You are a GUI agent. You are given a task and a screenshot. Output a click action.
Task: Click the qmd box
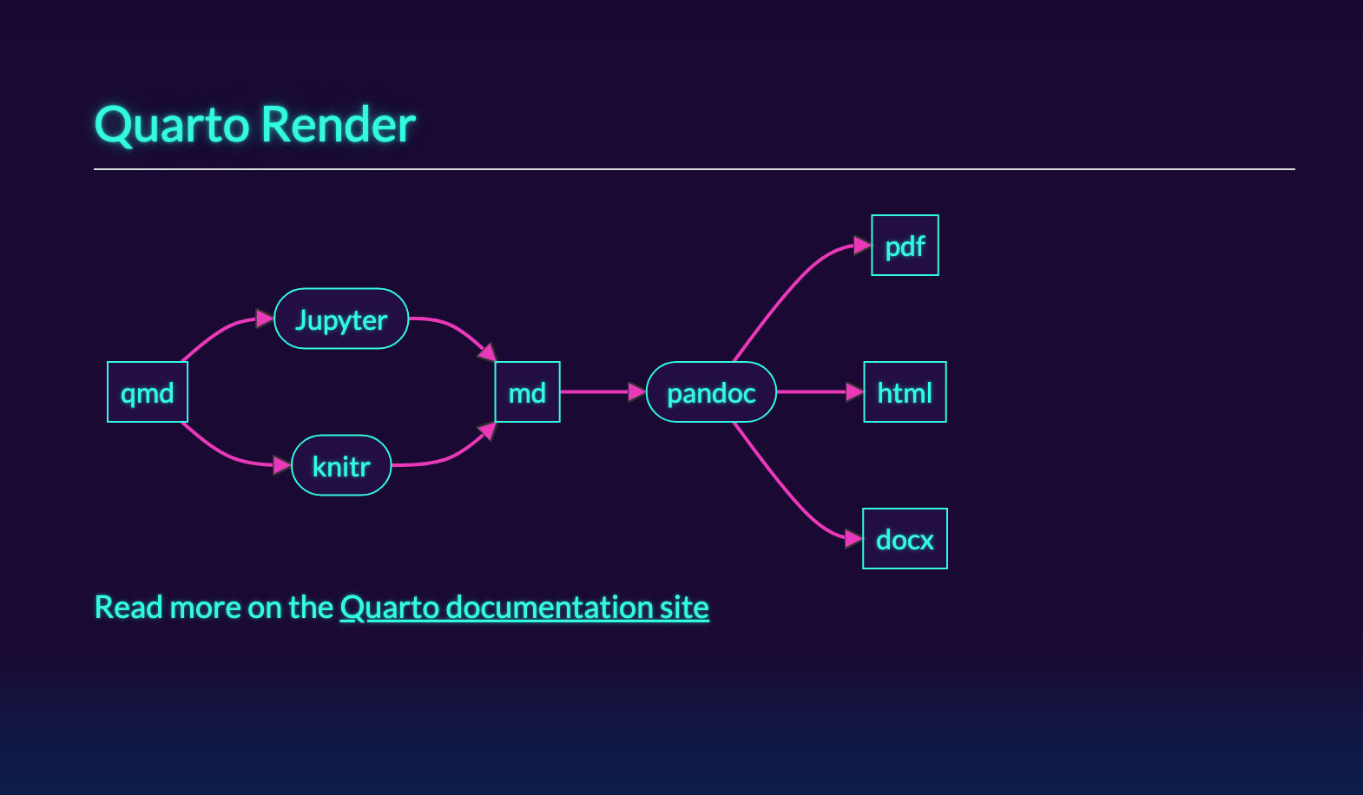click(x=148, y=392)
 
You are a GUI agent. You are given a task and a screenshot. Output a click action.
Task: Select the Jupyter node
click(x=341, y=319)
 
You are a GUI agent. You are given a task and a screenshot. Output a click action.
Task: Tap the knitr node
click(x=341, y=466)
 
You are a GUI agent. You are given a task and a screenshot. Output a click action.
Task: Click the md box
click(x=527, y=392)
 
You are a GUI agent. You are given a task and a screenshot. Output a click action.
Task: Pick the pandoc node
click(x=711, y=392)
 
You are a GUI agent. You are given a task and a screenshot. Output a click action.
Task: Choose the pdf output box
click(x=905, y=246)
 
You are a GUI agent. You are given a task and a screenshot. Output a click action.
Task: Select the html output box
click(x=905, y=392)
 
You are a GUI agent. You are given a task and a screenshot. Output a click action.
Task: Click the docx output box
click(x=905, y=539)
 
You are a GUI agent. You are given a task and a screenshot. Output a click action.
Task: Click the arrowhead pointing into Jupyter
click(x=265, y=319)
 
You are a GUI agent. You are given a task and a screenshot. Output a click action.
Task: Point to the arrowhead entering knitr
click(x=281, y=466)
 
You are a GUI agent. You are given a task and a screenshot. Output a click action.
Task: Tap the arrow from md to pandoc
click(x=599, y=392)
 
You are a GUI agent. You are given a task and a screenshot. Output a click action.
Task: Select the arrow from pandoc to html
click(x=816, y=392)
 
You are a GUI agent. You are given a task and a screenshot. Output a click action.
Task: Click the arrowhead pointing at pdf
click(x=862, y=246)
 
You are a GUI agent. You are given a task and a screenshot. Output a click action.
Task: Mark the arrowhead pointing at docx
click(x=853, y=539)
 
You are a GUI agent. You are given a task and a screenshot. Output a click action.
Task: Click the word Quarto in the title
click(x=172, y=125)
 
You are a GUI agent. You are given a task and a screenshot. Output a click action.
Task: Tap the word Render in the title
click(x=339, y=125)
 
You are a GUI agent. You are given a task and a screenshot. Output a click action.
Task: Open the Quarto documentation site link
click(x=524, y=608)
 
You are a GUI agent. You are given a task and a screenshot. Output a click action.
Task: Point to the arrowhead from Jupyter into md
click(x=487, y=352)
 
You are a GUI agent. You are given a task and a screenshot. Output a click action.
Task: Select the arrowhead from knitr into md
click(x=487, y=431)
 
